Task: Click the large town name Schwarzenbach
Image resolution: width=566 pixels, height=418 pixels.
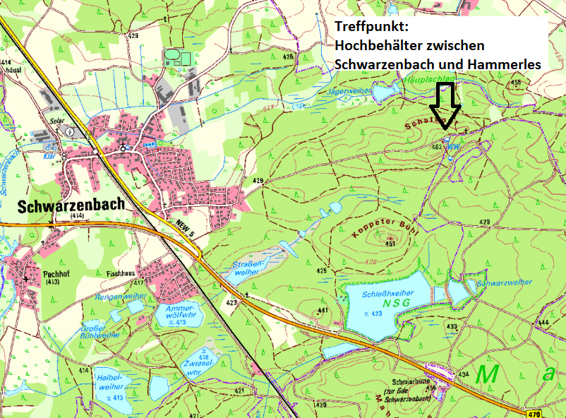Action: coord(69,205)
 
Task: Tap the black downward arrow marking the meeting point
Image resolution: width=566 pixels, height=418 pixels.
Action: coord(445,105)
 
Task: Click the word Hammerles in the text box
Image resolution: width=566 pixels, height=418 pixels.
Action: coord(506,64)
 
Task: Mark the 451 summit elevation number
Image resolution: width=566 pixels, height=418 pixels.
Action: coord(390,244)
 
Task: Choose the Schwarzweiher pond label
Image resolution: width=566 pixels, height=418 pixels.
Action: coord(504,282)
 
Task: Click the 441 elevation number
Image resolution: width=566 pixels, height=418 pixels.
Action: coord(323,310)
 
